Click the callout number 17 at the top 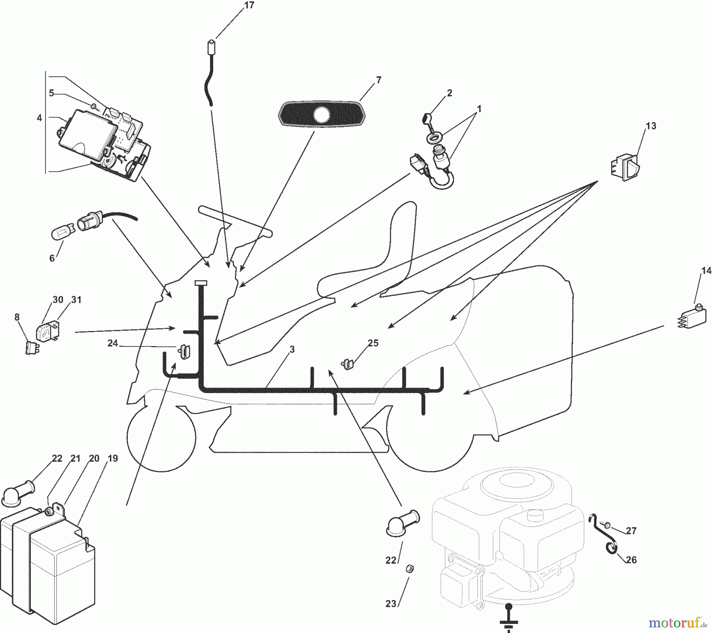click(249, 6)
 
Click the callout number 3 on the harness click(292, 350)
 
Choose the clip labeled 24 click(184, 351)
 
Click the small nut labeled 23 click(411, 568)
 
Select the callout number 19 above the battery click(113, 458)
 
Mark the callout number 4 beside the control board click(39, 118)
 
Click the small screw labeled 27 click(607, 526)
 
